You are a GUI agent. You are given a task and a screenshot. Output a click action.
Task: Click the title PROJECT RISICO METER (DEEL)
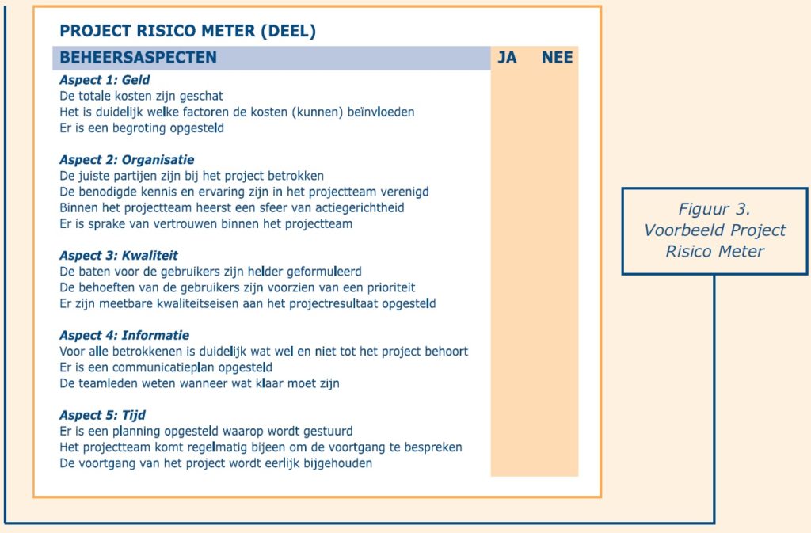[188, 32]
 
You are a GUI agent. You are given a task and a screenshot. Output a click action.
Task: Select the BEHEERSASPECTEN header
[139, 58]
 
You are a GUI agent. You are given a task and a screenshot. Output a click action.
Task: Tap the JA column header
[507, 58]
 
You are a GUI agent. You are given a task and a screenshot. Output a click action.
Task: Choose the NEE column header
[557, 58]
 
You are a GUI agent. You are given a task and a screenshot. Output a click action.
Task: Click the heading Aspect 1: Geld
[105, 80]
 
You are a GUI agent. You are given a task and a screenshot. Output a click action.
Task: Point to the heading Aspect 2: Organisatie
[127, 160]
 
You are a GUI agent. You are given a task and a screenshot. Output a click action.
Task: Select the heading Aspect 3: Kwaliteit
[119, 256]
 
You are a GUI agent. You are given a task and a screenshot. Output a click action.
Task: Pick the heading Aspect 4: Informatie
[124, 336]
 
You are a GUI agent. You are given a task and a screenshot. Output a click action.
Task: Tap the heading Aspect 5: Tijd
[102, 416]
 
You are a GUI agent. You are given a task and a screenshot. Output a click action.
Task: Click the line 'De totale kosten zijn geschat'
[142, 96]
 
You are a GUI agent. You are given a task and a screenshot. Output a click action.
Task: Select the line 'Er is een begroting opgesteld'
[142, 128]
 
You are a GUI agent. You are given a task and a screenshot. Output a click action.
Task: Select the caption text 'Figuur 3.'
[714, 210]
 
